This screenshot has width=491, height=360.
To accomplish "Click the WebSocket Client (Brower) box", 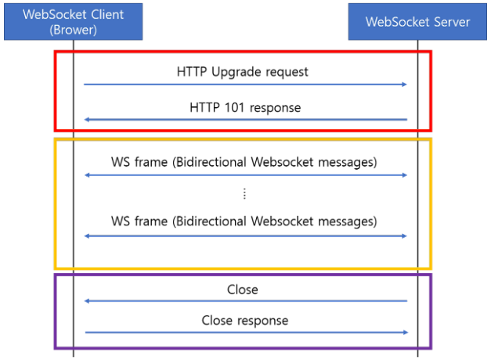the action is tap(74, 22).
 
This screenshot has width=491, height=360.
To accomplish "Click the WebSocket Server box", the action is tap(417, 22).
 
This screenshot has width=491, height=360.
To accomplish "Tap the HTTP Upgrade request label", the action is tap(243, 72).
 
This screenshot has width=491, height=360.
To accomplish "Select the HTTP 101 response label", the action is tap(245, 108).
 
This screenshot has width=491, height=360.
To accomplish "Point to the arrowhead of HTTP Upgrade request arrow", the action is tap(405, 85).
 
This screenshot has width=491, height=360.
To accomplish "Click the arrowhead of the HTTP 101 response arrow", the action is tap(87, 120).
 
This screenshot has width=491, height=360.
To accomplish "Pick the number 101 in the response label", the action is tap(234, 108).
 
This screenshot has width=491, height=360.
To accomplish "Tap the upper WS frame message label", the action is tap(244, 162).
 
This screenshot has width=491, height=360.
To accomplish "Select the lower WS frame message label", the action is tap(244, 221).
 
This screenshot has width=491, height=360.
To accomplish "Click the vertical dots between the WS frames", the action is tap(244, 194).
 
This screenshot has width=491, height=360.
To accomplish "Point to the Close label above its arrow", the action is tap(243, 290).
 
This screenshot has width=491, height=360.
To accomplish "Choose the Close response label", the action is tap(245, 321).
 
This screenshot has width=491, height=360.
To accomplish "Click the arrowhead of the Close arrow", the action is tap(87, 301).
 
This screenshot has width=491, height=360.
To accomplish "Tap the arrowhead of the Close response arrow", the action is tap(406, 332).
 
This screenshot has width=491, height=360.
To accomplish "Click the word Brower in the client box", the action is tap(74, 30).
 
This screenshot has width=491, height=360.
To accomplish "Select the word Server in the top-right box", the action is tap(449, 22).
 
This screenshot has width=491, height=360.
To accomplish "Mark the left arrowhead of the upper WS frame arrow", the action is tap(88, 175).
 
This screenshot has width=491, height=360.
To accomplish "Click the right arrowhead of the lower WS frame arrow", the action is tap(404, 236).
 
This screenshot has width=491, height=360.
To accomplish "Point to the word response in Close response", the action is tap(262, 321).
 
